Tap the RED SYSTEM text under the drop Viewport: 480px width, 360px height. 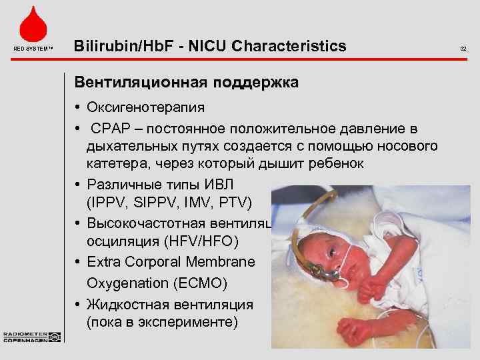31,49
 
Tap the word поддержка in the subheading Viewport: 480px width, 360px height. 256,84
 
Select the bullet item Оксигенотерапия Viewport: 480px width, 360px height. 139,108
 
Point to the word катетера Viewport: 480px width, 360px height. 112,164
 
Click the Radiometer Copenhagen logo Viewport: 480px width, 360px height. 31,336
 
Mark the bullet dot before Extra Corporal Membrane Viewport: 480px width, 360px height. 78,261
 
